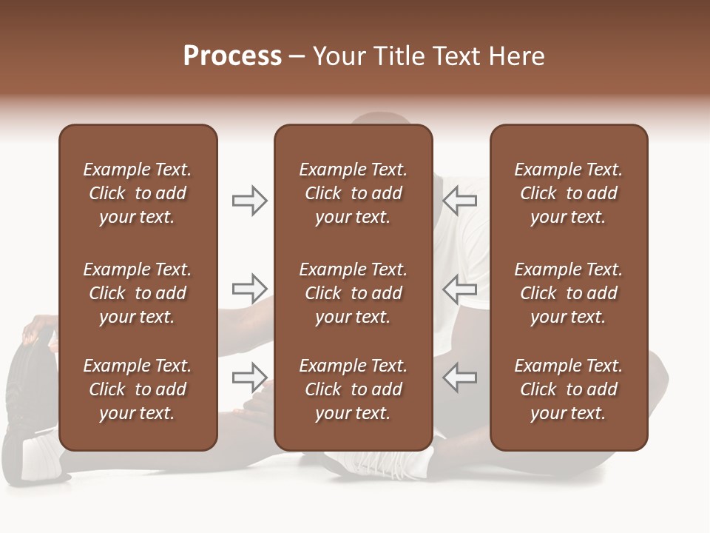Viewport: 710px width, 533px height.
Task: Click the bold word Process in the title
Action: click(232, 56)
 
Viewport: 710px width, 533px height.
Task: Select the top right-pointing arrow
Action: click(249, 201)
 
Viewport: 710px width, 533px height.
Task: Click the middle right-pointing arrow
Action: click(249, 288)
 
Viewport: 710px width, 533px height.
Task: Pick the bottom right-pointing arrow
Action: click(249, 378)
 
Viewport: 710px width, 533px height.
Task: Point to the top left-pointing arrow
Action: click(460, 200)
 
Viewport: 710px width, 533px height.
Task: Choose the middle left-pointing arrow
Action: click(460, 289)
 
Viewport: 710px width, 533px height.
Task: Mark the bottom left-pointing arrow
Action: click(460, 378)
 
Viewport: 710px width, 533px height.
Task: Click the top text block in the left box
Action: click(138, 193)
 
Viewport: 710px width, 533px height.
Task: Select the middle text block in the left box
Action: click(138, 293)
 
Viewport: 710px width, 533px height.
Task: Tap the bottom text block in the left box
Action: click(138, 389)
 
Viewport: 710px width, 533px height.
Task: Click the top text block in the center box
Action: click(353, 193)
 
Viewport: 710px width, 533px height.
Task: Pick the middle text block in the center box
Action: click(353, 293)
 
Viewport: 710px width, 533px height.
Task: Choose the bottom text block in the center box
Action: click(353, 389)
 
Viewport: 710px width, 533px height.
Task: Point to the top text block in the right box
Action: click(568, 193)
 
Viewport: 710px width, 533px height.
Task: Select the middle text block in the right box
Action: click(568, 293)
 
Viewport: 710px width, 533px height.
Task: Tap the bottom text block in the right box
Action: click(568, 389)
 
